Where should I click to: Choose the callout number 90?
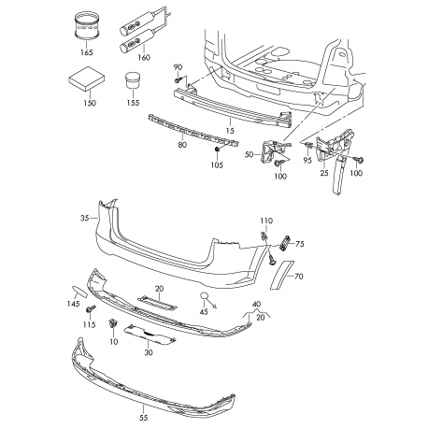click(x=179, y=66)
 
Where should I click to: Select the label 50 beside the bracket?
click(x=249, y=154)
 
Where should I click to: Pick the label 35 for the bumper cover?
click(x=87, y=218)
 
